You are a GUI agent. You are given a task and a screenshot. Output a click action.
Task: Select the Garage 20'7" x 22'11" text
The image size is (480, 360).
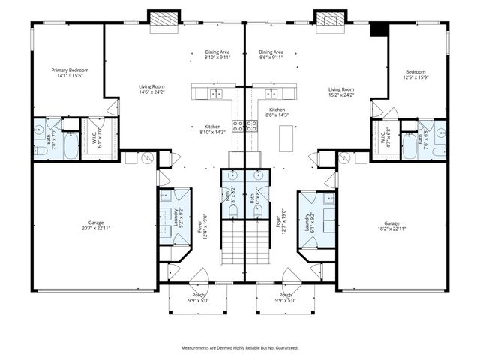coord(95,225)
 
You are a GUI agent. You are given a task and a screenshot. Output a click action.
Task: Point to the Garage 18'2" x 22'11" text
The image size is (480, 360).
coord(391,225)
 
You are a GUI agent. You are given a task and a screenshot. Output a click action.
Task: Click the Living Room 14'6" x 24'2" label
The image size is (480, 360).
coord(151,89)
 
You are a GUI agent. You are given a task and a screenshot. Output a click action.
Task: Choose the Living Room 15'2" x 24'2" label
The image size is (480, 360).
coord(341,91)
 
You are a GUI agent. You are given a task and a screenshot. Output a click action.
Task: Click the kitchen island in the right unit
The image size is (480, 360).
coord(286,137)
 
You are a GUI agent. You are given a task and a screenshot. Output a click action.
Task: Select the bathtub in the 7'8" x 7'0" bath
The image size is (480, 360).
coord(70,145)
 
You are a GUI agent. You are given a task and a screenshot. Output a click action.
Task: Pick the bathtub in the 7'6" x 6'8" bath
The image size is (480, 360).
coord(411,146)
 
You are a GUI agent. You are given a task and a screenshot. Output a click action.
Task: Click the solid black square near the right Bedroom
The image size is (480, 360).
coord(381,28)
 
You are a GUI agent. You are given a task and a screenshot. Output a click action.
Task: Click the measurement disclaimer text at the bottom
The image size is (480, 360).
coord(240,347)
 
